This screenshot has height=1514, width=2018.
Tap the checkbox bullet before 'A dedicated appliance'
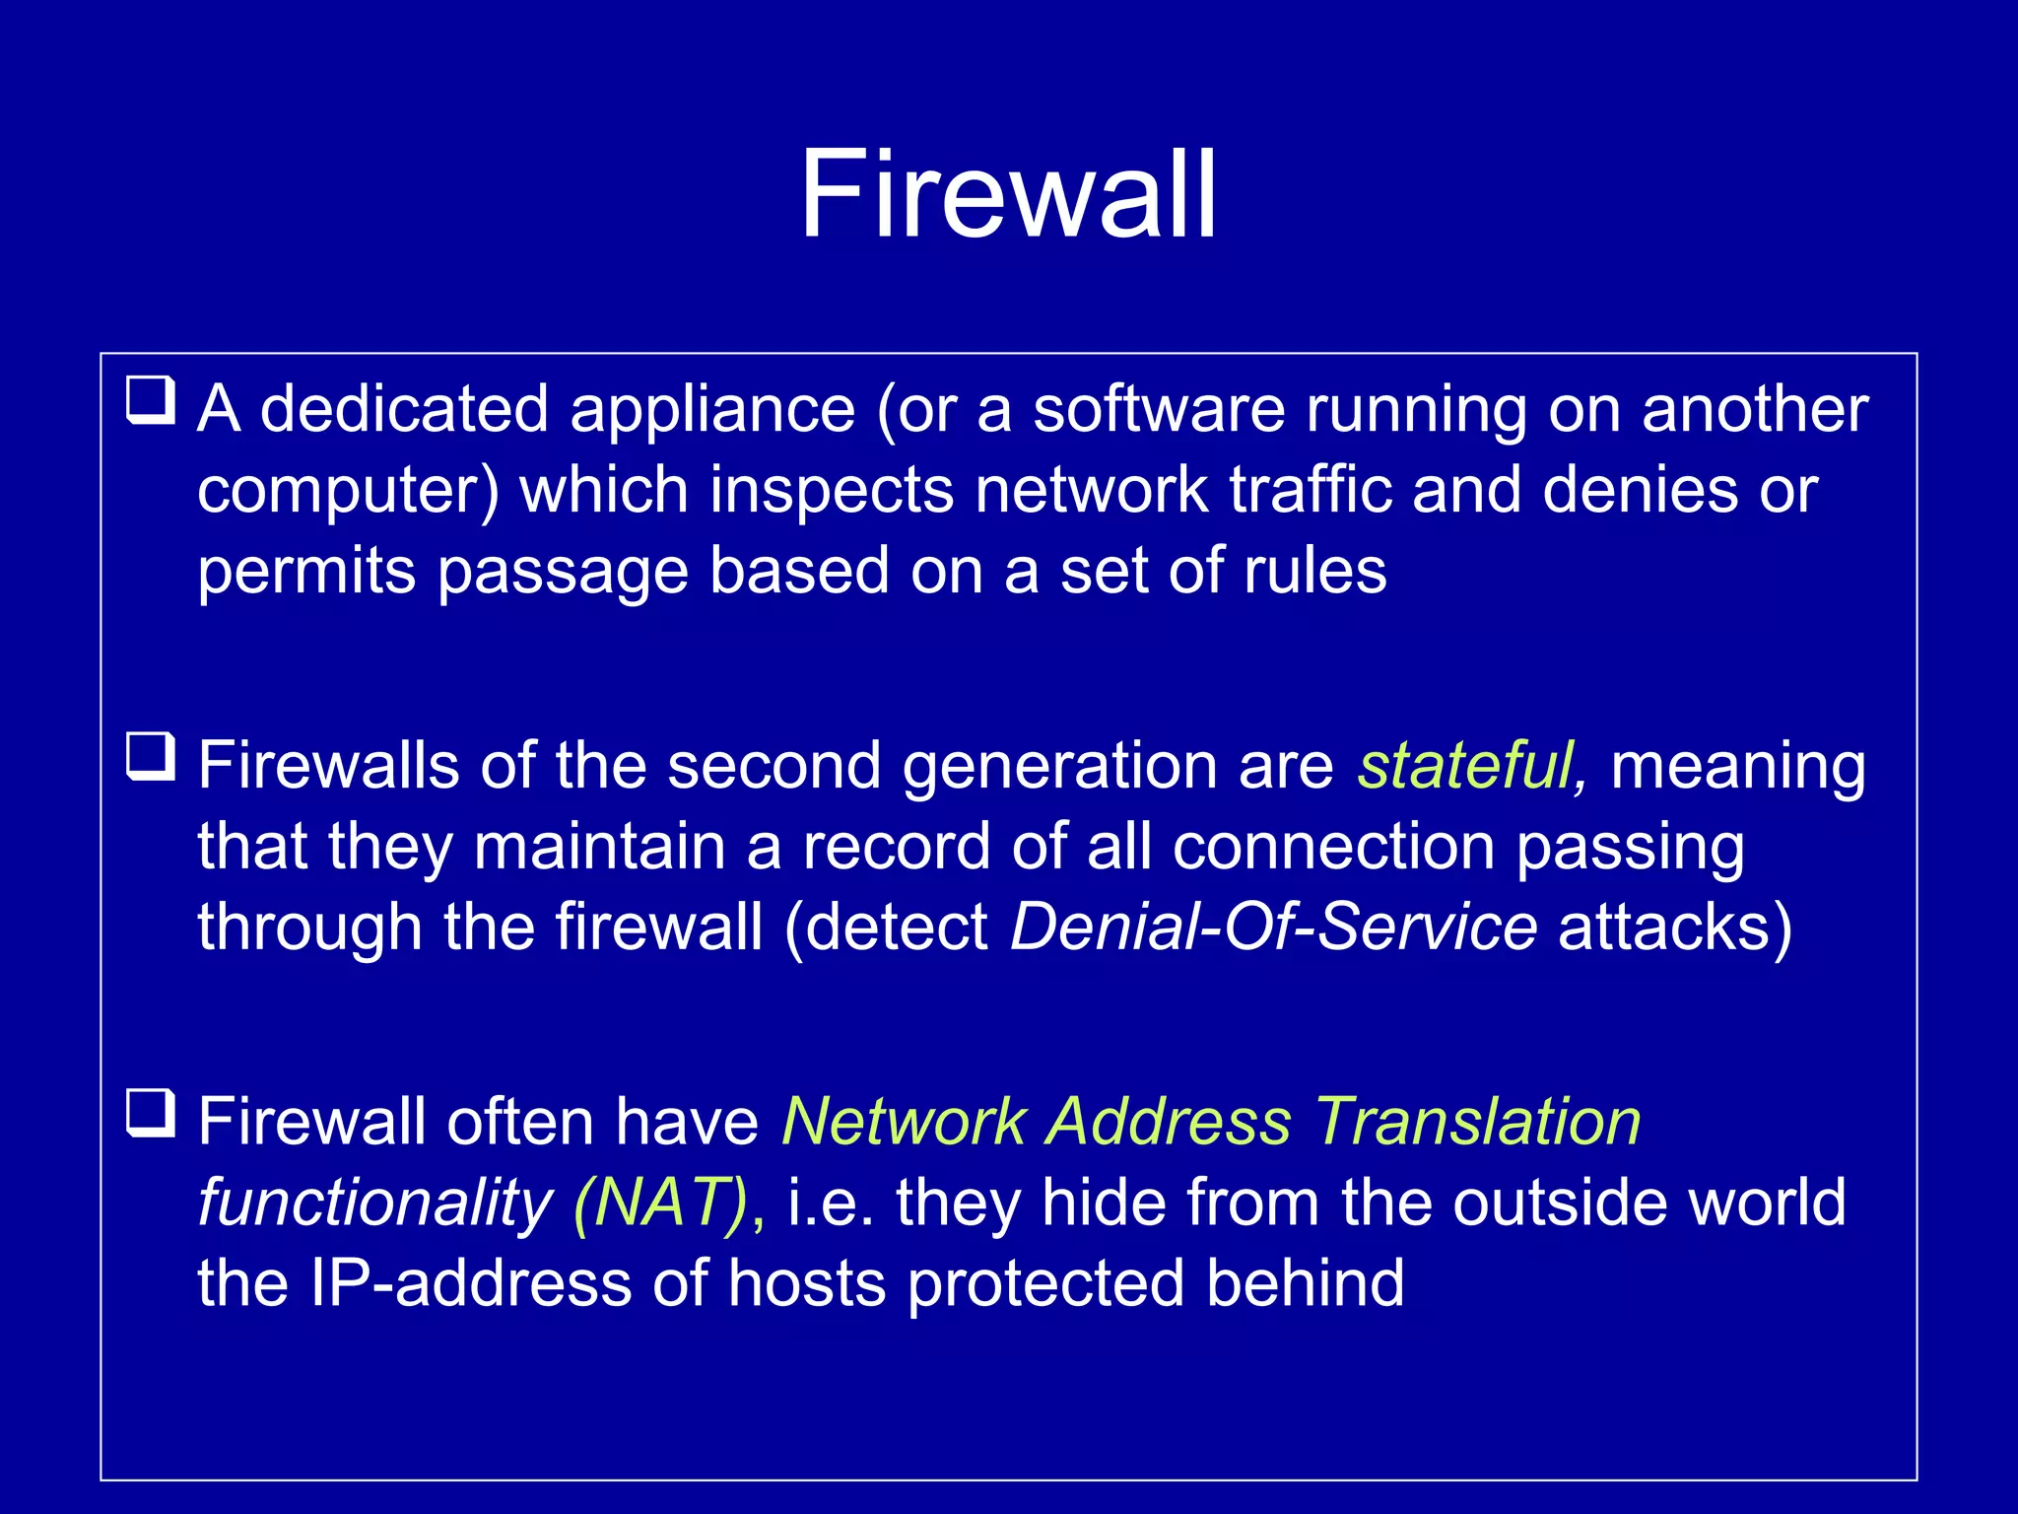(x=151, y=400)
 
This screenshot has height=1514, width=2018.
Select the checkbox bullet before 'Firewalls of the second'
(x=151, y=756)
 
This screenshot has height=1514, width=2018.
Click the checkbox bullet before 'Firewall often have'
(x=151, y=1113)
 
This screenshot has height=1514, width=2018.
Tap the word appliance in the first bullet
(x=712, y=409)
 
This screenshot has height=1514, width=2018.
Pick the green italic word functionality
(x=375, y=1204)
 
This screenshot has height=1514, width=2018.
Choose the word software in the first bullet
(x=1159, y=409)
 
